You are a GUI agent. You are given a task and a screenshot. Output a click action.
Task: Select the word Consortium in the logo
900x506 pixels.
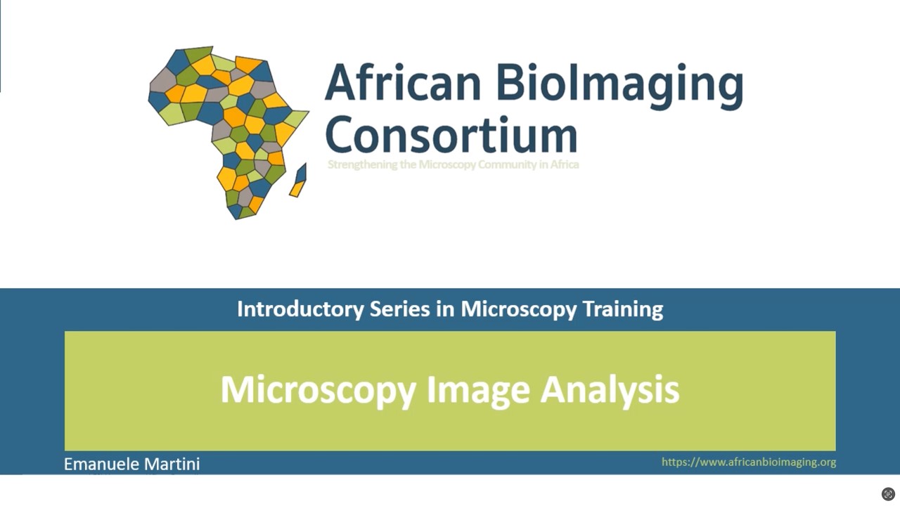click(x=451, y=135)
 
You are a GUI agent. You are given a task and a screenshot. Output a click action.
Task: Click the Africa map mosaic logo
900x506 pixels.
click(x=225, y=130)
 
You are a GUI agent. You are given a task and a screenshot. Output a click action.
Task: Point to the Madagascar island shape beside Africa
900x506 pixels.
click(x=299, y=181)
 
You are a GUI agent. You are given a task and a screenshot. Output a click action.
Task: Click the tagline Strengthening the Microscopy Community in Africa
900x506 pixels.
click(x=453, y=164)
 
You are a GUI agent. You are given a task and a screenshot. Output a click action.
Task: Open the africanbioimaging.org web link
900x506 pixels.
click(x=748, y=462)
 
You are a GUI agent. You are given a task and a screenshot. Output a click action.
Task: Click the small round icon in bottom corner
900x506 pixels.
click(x=888, y=493)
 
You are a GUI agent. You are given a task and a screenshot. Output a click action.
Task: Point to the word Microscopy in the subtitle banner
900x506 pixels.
click(x=508, y=309)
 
